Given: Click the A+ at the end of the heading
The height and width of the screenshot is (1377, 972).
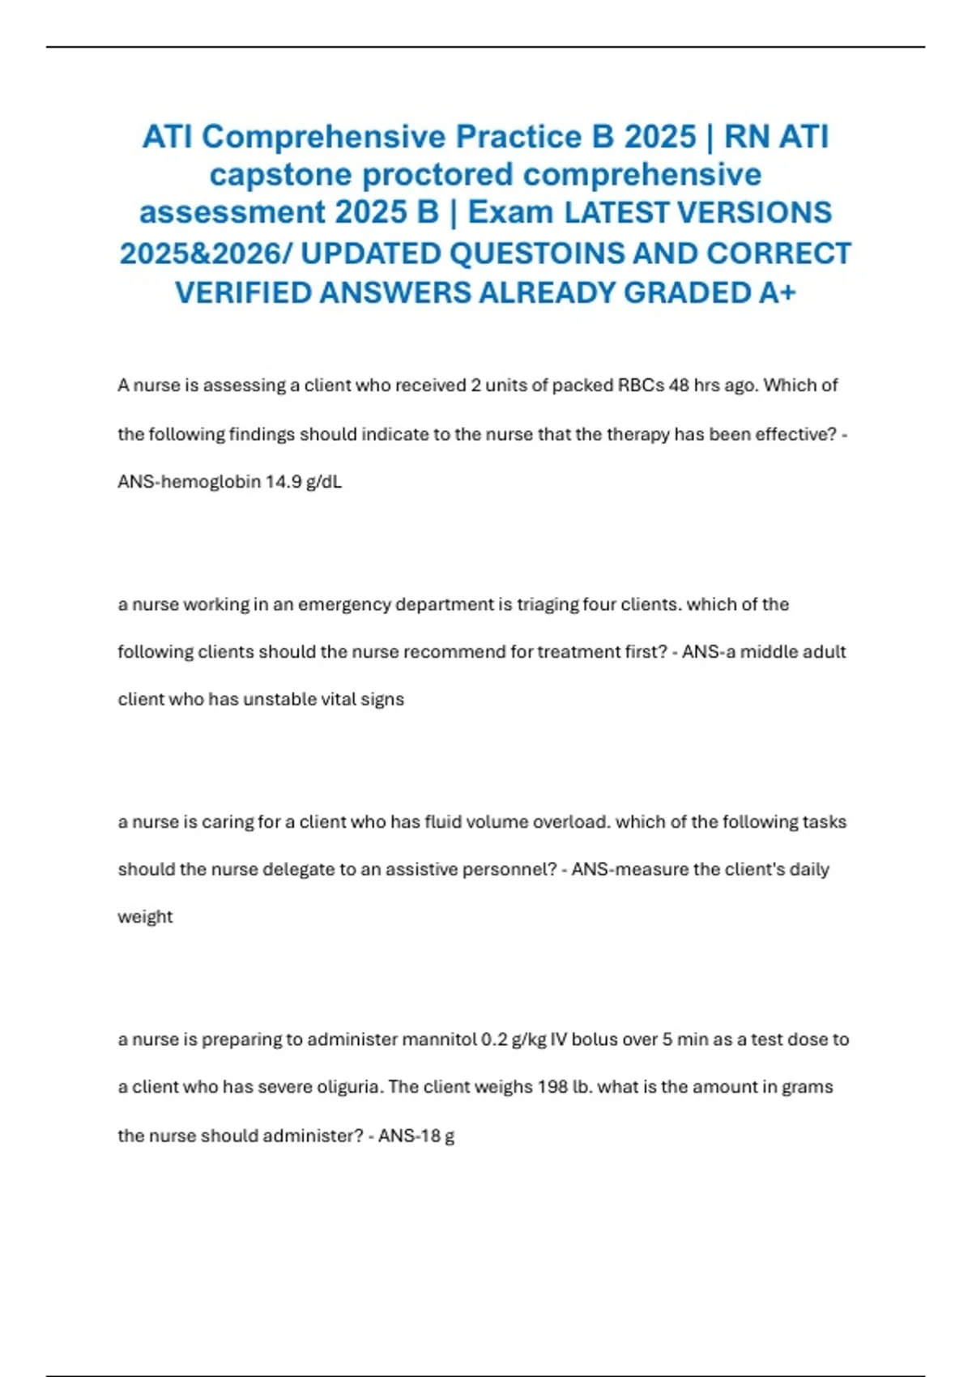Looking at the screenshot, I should click(778, 292).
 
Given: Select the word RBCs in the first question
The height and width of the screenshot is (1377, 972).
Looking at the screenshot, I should click(641, 386).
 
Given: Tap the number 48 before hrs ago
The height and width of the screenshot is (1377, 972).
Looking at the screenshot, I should click(679, 386).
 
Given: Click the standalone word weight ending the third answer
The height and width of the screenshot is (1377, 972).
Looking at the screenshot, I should click(145, 917).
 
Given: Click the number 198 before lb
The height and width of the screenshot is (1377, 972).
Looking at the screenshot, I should click(552, 1087).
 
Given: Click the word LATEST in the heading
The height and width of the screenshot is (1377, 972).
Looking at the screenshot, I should click(616, 213).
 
